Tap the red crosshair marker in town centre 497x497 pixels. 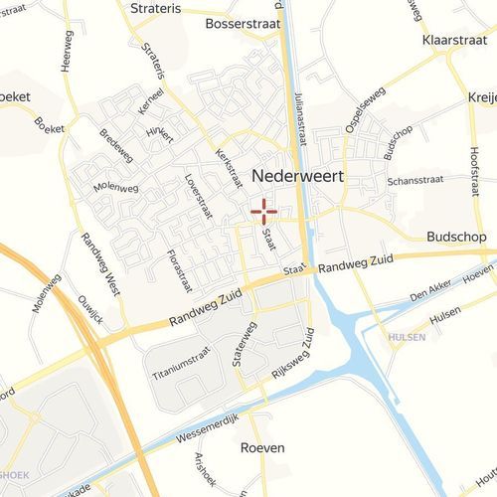263,210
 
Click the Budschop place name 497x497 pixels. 455,238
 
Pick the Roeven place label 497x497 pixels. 262,448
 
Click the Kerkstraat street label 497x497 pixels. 229,168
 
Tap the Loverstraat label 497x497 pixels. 199,196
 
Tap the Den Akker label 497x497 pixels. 431,291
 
